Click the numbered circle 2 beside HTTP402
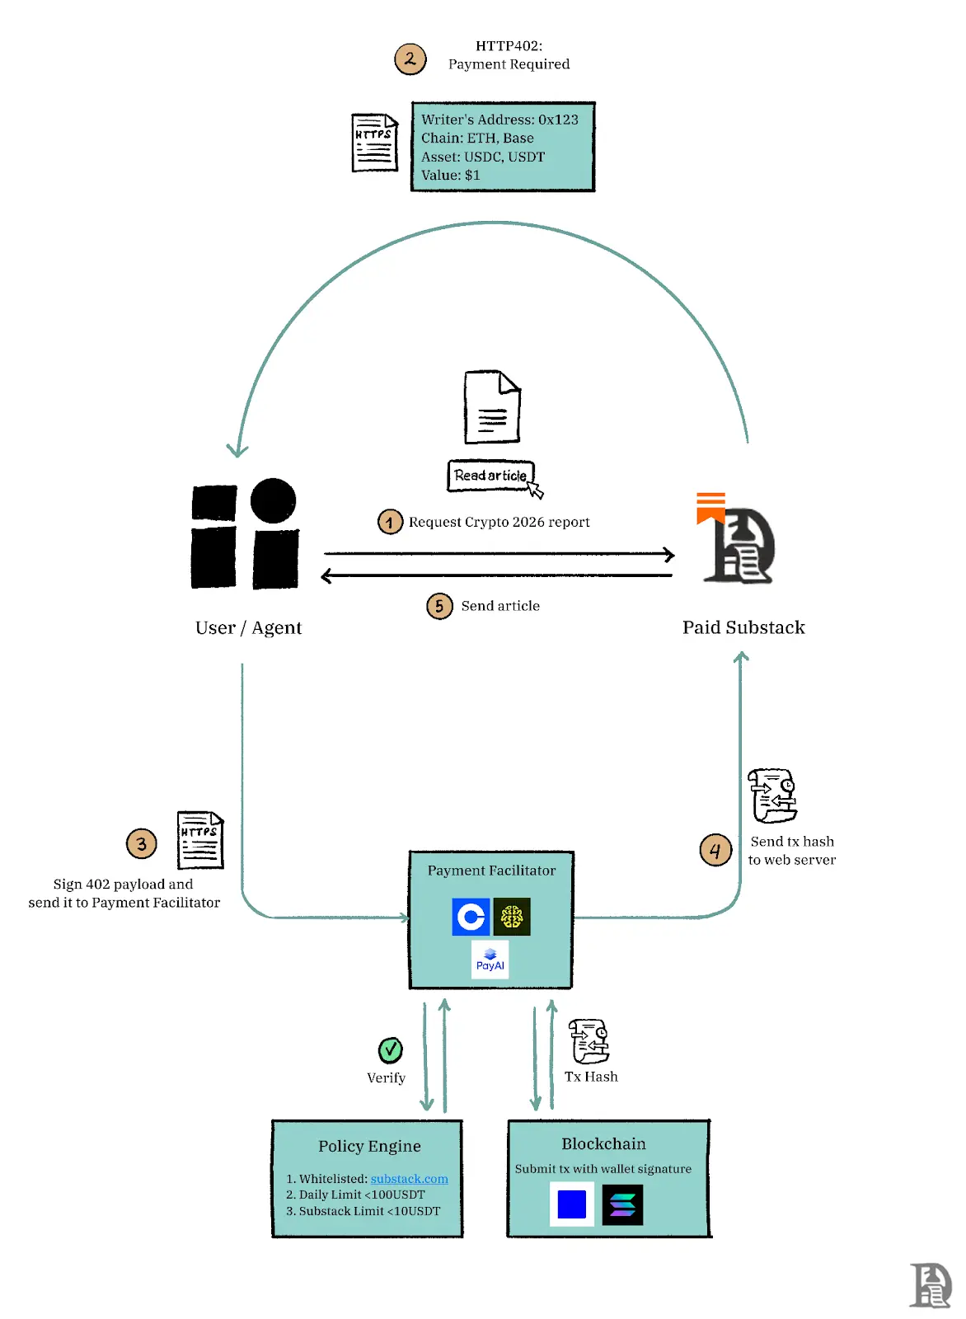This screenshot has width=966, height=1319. point(410,59)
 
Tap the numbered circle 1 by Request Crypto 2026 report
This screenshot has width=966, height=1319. point(390,522)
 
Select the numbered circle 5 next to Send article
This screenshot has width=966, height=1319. point(439,607)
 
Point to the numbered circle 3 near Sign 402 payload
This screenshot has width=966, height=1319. point(142,843)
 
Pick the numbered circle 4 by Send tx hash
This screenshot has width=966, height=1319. point(715,850)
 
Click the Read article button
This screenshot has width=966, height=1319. point(490,476)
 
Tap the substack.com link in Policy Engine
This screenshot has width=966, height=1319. point(409,1179)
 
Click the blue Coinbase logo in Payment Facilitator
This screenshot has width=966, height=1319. point(471,917)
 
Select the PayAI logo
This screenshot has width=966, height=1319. point(490,960)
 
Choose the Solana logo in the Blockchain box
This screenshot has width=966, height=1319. point(622,1205)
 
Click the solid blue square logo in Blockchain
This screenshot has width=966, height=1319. point(572,1204)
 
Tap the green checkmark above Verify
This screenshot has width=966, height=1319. point(390,1050)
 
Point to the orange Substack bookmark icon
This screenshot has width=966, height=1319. point(710,507)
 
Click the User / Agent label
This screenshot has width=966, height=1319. point(248,628)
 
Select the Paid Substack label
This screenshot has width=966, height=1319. point(743,628)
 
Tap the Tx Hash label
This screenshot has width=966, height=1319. point(591,1077)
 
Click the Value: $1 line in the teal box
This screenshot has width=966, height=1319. point(450,175)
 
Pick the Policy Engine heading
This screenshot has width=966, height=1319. point(369,1146)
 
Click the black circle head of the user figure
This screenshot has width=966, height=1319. point(273,500)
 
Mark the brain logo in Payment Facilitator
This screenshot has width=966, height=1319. point(512,917)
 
